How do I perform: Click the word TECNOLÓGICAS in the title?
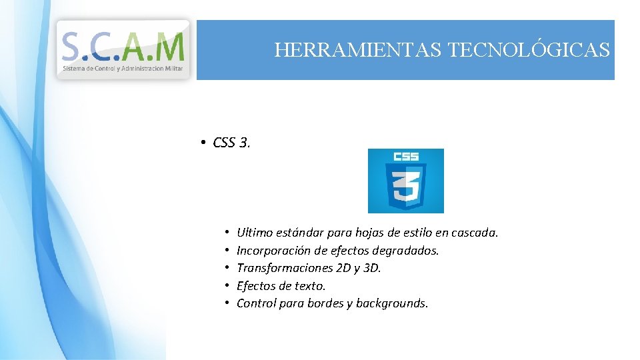529,50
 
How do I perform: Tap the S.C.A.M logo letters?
123,46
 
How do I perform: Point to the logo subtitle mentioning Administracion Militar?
123,69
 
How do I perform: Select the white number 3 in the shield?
405,187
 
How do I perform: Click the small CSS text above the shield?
405,157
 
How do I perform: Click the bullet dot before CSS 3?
201,143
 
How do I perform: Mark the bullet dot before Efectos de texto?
227,286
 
